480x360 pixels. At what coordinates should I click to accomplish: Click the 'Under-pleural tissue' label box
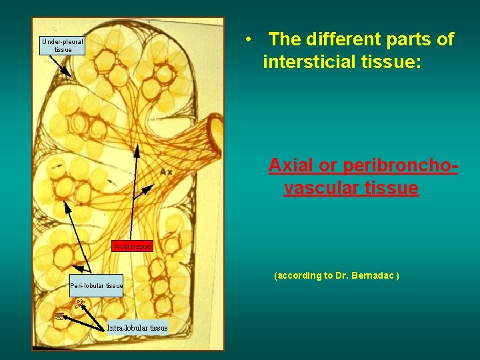click(63, 45)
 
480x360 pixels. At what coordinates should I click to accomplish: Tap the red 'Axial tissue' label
click(133, 247)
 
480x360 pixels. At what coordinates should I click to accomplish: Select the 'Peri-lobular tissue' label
click(97, 286)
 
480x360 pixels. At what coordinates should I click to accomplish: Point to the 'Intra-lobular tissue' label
click(138, 327)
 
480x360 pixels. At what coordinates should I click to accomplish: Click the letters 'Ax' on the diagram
click(166, 172)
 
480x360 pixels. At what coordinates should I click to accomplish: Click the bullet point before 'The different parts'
click(247, 39)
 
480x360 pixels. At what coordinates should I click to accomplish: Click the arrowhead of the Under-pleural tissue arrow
click(69, 73)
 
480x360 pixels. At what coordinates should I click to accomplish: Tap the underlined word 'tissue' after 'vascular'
click(393, 189)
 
